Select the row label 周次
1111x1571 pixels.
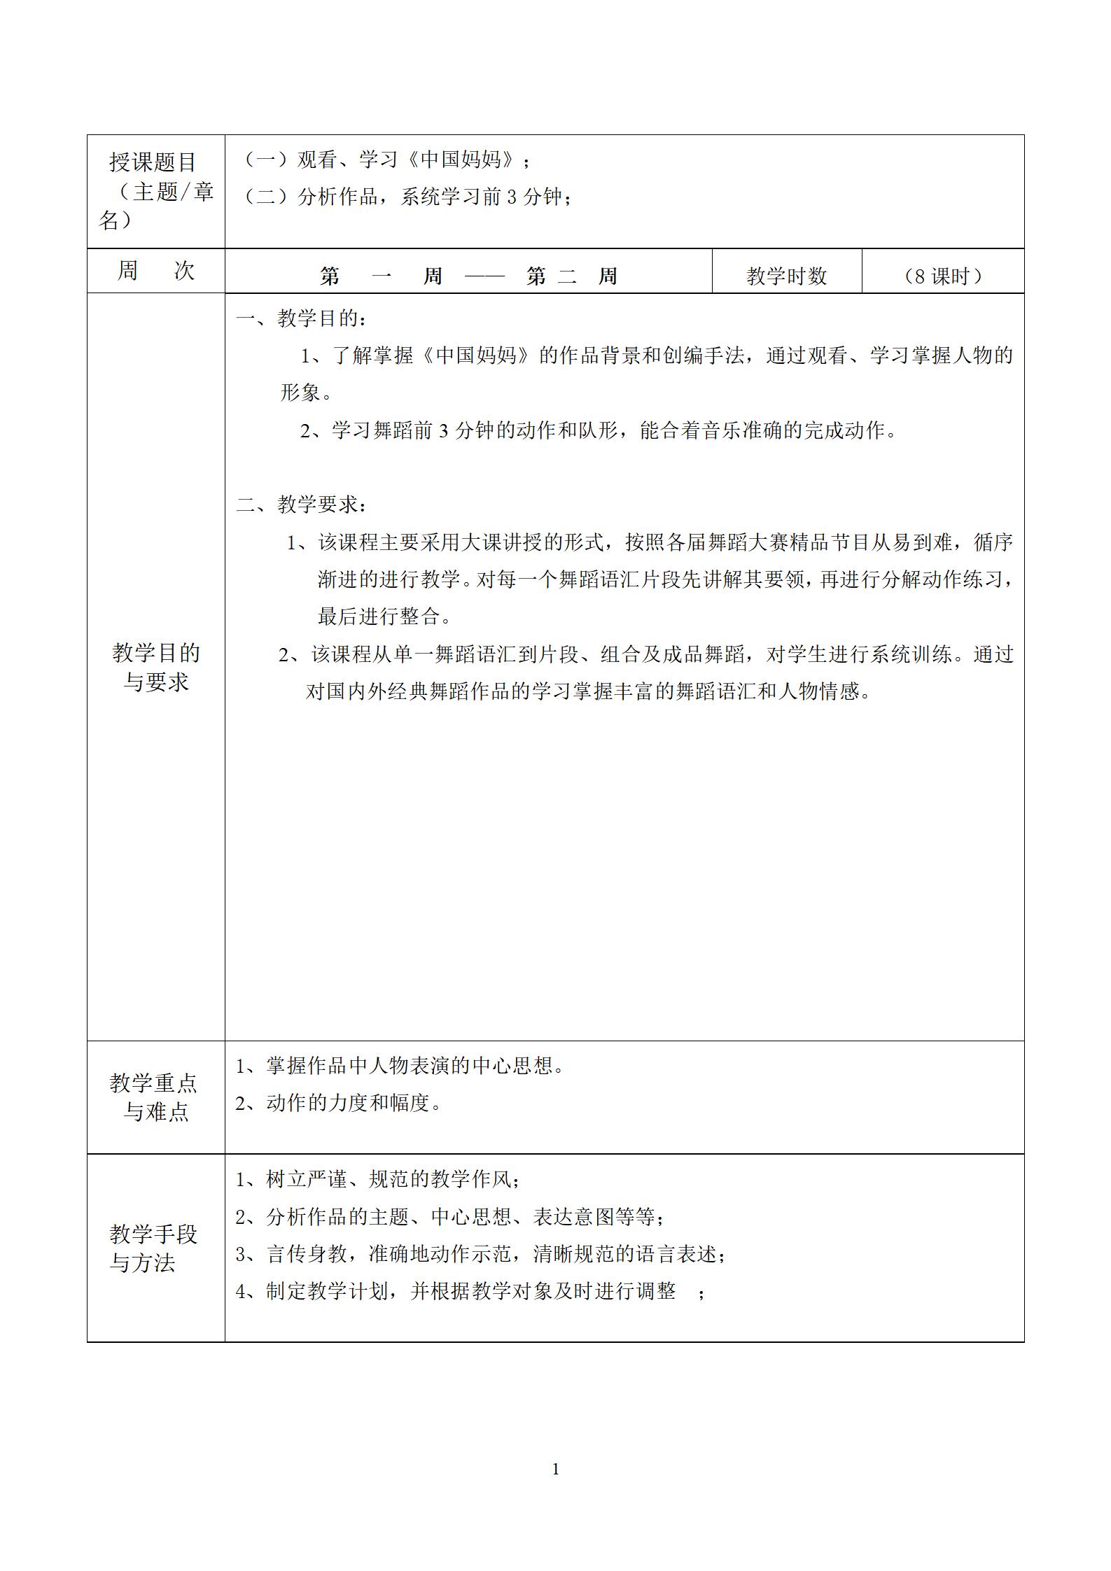[x=155, y=270]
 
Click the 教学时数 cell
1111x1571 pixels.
[x=786, y=276]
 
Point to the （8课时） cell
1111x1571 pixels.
[x=942, y=276]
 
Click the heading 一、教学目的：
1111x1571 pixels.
[x=302, y=318]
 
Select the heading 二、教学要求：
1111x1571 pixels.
[x=302, y=504]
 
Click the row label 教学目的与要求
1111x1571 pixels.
[x=155, y=667]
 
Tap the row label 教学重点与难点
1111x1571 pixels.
[x=154, y=1097]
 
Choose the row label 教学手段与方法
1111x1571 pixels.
[x=154, y=1248]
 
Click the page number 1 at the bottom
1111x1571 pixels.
[x=556, y=1470]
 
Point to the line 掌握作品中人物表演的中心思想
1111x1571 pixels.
[x=400, y=1066]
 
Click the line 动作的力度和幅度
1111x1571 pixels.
[x=340, y=1104]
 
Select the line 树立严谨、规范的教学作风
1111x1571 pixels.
[x=378, y=1179]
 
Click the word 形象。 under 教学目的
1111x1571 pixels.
[x=306, y=393]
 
